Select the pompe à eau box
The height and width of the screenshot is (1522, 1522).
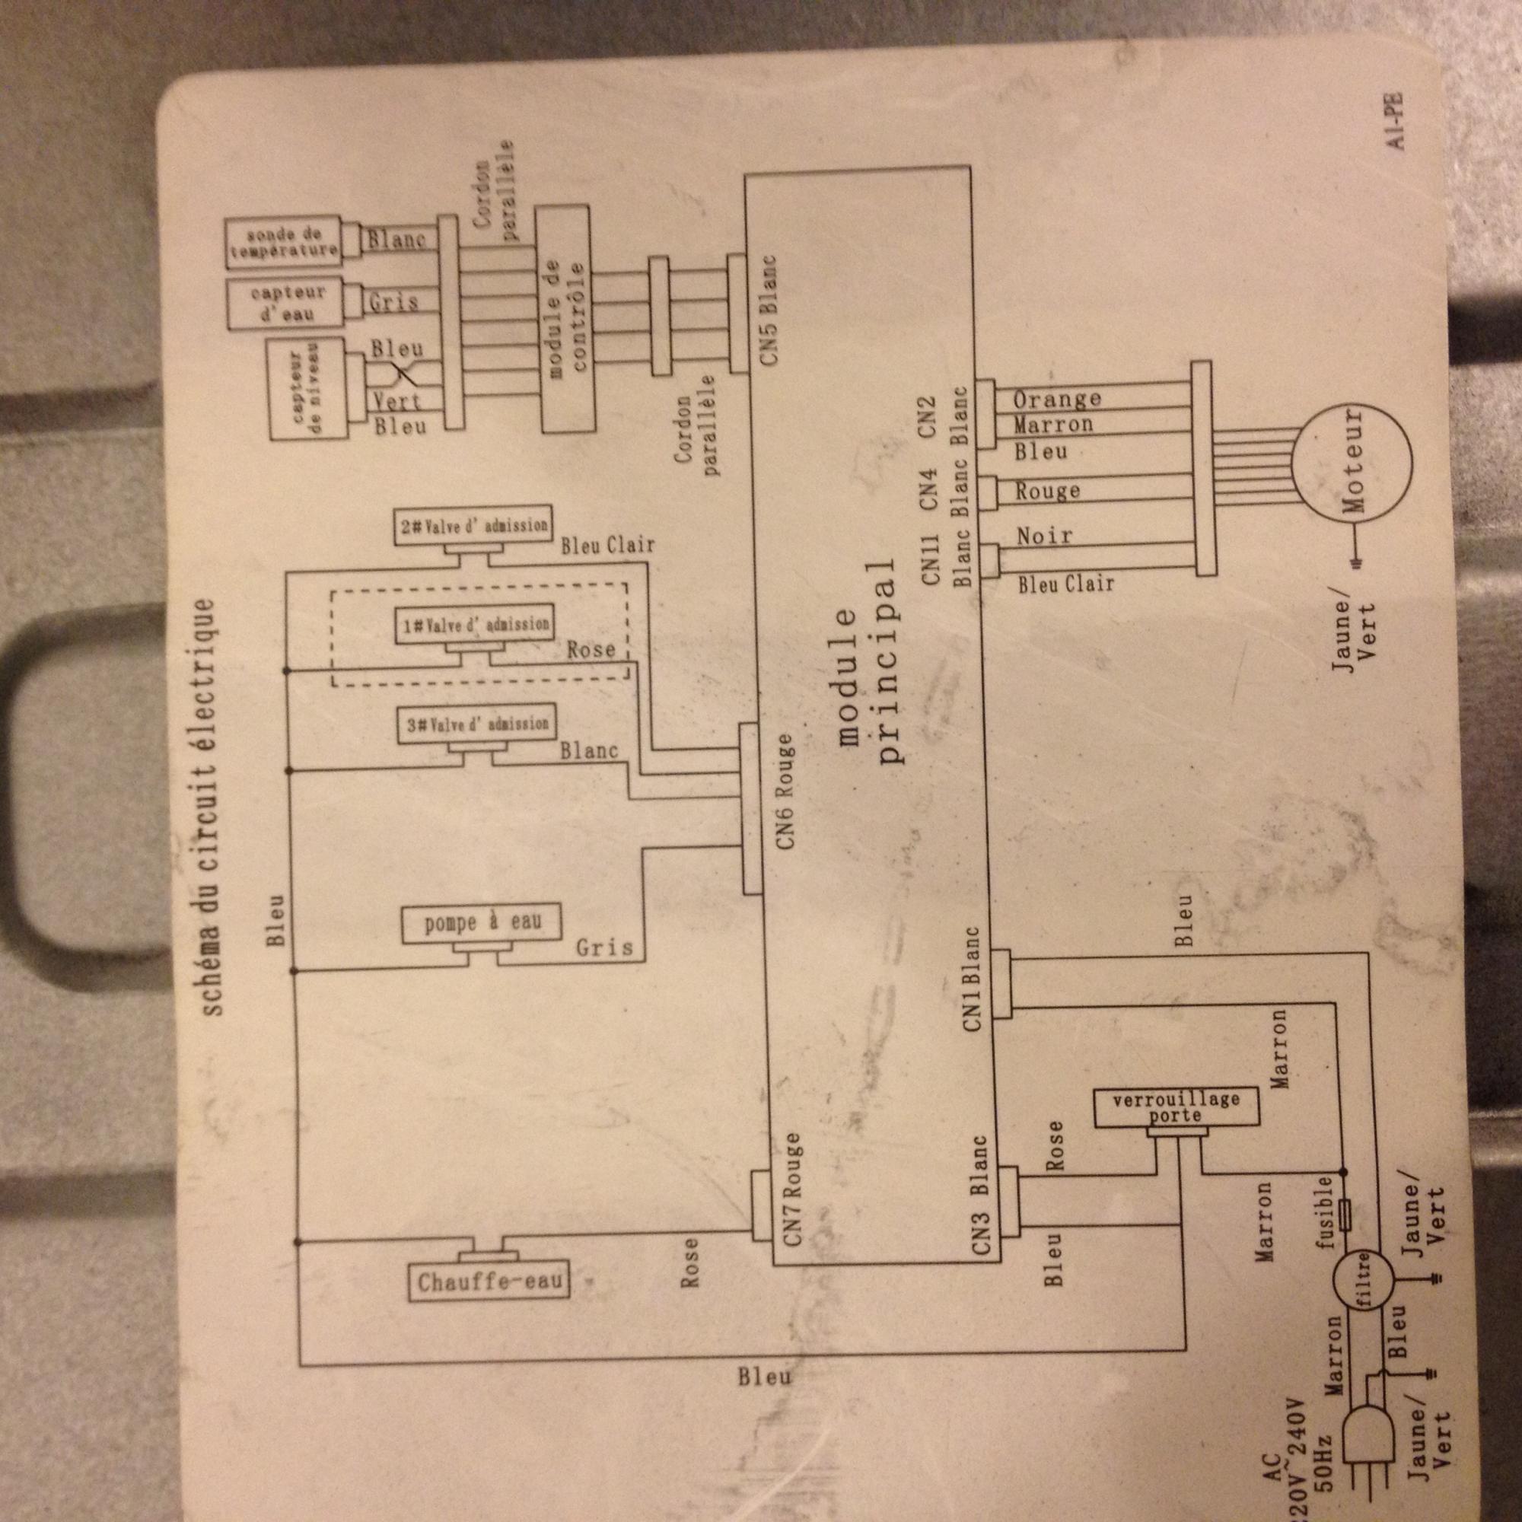click(482, 925)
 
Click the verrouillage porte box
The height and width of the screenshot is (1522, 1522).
click(1176, 1106)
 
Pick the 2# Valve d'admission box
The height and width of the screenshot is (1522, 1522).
click(473, 525)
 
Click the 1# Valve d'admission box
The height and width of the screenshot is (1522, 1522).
click(473, 625)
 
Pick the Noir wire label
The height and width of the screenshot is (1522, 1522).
click(1044, 537)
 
